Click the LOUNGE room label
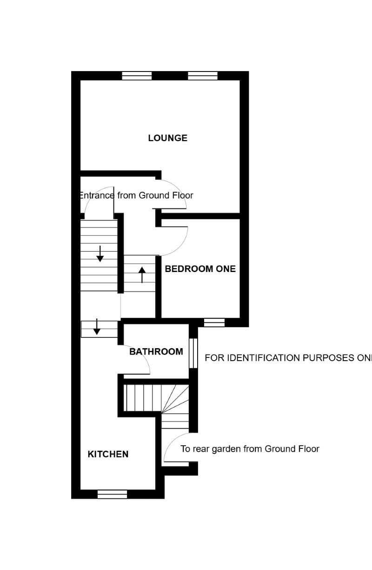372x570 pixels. click(167, 138)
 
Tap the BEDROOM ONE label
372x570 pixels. click(200, 269)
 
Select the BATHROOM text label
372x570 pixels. click(156, 351)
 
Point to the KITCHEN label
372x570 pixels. click(108, 454)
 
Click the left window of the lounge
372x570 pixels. click(137, 76)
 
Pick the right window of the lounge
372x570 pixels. click(202, 76)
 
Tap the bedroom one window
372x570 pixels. click(214, 323)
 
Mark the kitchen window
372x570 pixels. click(112, 494)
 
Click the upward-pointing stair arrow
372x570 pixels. click(142, 274)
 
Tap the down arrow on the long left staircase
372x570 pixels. click(100, 253)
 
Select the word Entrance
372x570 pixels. click(97, 195)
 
